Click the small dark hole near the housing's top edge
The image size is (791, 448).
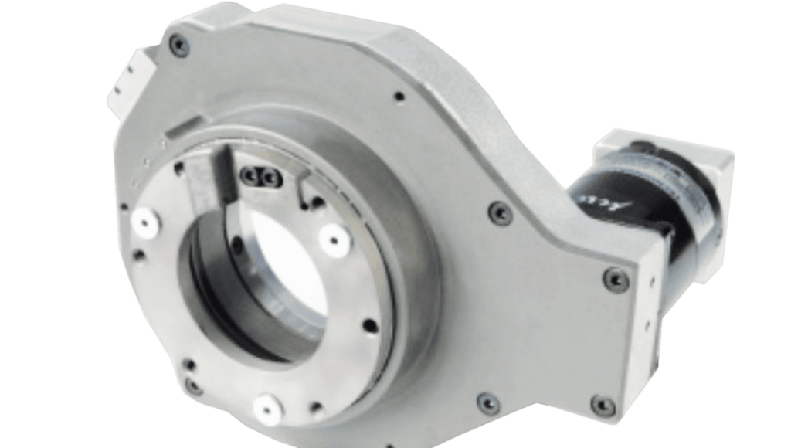(398, 98)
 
